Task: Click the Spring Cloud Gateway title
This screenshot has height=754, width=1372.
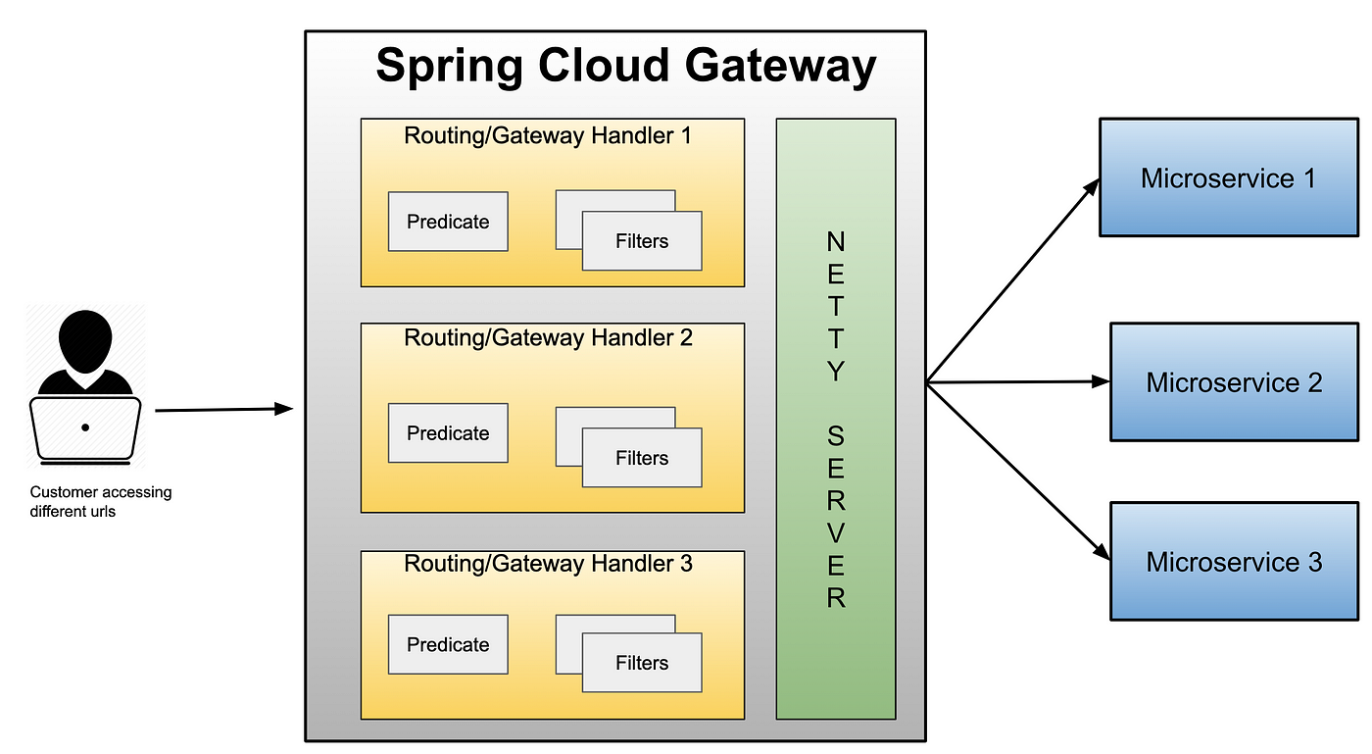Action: pyautogui.click(x=626, y=67)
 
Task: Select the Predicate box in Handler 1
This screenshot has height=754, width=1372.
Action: pyautogui.click(x=448, y=222)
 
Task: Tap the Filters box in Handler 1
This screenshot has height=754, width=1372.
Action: pyautogui.click(x=642, y=241)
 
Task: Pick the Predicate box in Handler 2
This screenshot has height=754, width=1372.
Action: pyautogui.click(x=448, y=432)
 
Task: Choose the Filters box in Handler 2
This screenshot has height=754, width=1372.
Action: pyautogui.click(x=642, y=458)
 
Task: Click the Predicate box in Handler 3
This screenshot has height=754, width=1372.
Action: pyautogui.click(x=448, y=644)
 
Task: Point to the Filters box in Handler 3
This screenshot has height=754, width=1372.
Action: pyautogui.click(x=642, y=663)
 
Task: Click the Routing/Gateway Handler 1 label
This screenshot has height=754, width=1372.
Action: pyautogui.click(x=548, y=136)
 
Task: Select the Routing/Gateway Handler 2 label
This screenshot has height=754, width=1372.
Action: pyautogui.click(x=548, y=338)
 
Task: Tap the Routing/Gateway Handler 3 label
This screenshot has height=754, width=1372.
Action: pyautogui.click(x=548, y=564)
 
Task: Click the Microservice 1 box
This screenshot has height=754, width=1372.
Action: pyautogui.click(x=1229, y=177)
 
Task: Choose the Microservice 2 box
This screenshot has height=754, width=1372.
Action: pyautogui.click(x=1234, y=382)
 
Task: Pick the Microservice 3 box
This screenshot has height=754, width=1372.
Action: pyautogui.click(x=1234, y=562)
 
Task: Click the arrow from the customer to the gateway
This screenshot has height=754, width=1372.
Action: pyautogui.click(x=224, y=409)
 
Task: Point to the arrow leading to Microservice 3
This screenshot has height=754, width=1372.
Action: pyautogui.click(x=1018, y=472)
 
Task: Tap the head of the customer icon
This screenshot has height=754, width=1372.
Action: pyautogui.click(x=85, y=341)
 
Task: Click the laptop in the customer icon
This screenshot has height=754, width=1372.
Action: pyautogui.click(x=85, y=430)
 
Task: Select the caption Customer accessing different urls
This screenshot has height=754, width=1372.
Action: pyautogui.click(x=101, y=501)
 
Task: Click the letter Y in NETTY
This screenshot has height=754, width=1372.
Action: pyautogui.click(x=836, y=371)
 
